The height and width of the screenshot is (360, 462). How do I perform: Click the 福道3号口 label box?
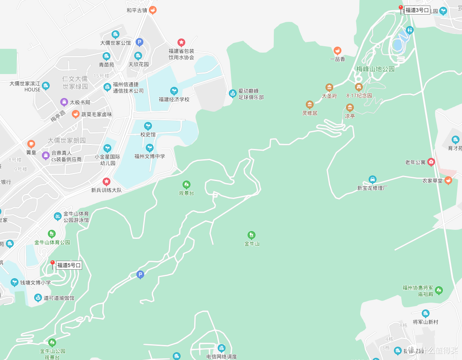click(x=417, y=10)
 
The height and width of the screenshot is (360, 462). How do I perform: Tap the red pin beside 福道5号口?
click(x=53, y=264)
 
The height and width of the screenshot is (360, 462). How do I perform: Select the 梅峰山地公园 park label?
click(x=375, y=69)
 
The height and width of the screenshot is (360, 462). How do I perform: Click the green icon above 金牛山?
click(x=252, y=235)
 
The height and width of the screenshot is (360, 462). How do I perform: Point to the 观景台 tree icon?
click(x=187, y=184)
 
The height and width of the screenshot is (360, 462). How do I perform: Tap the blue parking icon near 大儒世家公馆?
click(x=139, y=42)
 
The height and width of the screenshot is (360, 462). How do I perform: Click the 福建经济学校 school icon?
click(x=174, y=91)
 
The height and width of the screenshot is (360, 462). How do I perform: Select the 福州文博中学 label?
click(x=150, y=156)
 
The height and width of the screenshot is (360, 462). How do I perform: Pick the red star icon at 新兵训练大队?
click(x=106, y=181)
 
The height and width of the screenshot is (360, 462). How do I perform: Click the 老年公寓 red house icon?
click(x=431, y=162)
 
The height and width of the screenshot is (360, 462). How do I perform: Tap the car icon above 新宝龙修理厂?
click(x=373, y=179)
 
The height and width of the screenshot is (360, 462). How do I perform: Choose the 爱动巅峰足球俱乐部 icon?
click(x=232, y=93)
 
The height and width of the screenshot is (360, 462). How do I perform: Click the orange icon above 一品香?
click(x=338, y=51)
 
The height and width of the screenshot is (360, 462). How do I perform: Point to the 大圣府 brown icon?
click(x=329, y=87)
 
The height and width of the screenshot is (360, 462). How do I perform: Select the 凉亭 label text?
click(x=350, y=116)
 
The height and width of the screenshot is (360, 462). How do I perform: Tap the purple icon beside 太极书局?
click(x=64, y=102)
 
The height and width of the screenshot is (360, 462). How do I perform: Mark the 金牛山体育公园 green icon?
click(x=52, y=234)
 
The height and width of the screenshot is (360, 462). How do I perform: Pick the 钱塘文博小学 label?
click(x=36, y=283)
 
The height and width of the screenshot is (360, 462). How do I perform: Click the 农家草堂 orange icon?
click(x=448, y=180)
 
